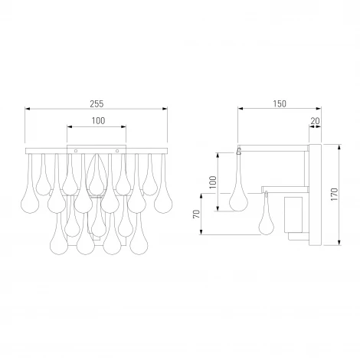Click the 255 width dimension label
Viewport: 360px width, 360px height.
pyautogui.click(x=97, y=104)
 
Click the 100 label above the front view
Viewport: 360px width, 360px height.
pyautogui.click(x=98, y=121)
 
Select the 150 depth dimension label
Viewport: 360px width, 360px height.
pyautogui.click(x=280, y=104)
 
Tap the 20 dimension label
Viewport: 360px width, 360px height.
pyautogui.click(x=315, y=121)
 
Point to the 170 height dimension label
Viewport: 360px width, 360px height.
pyautogui.click(x=334, y=195)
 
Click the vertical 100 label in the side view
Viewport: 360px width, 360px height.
pyautogui.click(x=213, y=182)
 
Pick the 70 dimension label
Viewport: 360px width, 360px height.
pyautogui.click(x=196, y=214)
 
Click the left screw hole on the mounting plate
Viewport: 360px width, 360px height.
pyautogui.click(x=76, y=151)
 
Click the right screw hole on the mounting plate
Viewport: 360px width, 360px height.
pyautogui.click(x=117, y=151)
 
